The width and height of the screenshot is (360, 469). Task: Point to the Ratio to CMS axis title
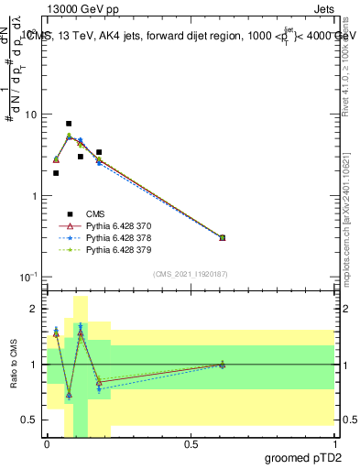[12, 378]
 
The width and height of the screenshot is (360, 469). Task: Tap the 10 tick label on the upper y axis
[30, 115]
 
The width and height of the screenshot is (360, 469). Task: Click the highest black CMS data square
[69, 123]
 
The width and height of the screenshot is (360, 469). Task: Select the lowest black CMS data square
[56, 173]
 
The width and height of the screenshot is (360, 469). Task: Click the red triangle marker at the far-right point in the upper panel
[222, 237]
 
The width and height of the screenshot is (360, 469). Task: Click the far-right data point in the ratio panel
[222, 365]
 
